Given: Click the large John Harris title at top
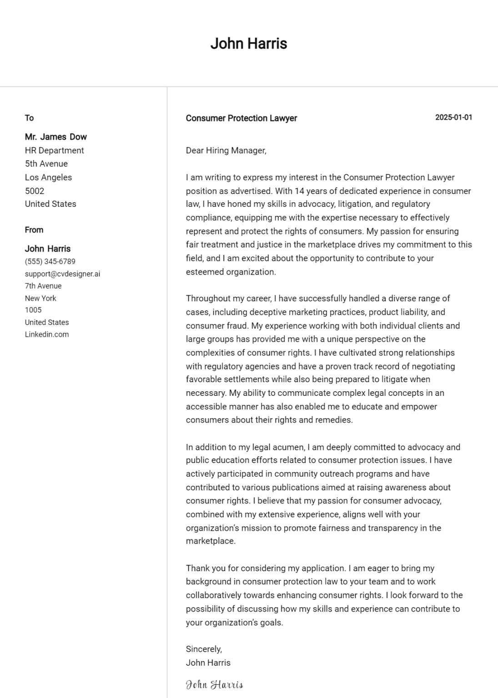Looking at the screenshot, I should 248,44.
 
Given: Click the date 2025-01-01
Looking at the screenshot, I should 453,117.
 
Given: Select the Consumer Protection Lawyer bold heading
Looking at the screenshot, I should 241,118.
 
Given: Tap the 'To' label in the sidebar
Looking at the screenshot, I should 29,118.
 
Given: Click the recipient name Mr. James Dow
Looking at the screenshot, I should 55,137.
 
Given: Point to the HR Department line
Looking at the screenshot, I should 54,150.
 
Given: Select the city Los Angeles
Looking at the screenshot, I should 48,177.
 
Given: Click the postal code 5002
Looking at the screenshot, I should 35,191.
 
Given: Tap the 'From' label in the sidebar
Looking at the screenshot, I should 34,230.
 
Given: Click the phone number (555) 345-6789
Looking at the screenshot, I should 50,262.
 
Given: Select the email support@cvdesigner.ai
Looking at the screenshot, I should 62,274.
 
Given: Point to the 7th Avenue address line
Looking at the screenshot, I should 43,286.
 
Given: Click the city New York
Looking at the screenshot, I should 40,298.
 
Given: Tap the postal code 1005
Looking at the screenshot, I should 33,310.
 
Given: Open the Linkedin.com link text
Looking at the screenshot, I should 47,334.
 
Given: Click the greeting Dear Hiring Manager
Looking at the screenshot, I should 226,150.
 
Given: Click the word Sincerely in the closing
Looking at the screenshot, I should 204,649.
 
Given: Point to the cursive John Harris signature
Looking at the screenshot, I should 214,684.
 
